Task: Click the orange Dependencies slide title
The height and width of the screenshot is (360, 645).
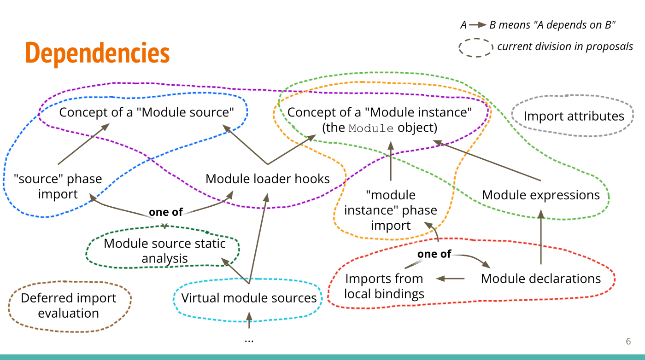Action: (x=97, y=53)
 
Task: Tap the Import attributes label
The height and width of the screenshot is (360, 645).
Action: (x=574, y=116)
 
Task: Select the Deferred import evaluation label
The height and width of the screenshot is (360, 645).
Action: (x=69, y=306)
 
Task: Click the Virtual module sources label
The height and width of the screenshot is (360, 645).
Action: (x=249, y=298)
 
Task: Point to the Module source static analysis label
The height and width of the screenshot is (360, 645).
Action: (x=164, y=250)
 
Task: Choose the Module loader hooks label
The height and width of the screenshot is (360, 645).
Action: (x=268, y=179)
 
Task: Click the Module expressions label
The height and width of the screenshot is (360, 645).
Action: (x=541, y=195)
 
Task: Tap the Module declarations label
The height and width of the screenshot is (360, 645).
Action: (x=541, y=279)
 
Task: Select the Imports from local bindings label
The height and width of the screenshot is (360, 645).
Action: (x=384, y=286)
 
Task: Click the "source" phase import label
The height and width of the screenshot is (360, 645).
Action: (x=58, y=186)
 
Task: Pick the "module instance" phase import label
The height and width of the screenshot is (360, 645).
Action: (x=391, y=210)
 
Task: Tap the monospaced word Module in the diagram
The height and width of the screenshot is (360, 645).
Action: (x=371, y=128)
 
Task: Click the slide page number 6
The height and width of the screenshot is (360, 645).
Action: (x=628, y=342)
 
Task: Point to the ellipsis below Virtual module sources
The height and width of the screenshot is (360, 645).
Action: (x=249, y=340)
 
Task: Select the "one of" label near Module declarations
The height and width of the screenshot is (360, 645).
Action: (x=434, y=254)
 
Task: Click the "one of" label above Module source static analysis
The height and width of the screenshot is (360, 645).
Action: (x=165, y=212)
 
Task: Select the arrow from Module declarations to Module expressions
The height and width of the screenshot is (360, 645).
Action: (x=541, y=237)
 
